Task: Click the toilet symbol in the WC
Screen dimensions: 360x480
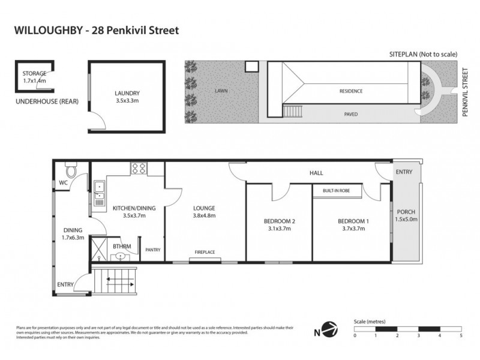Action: [71, 170]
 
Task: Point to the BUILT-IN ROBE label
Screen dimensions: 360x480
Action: [336, 190]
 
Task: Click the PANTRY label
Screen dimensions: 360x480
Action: [152, 250]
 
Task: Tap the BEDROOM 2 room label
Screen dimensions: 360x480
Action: [281, 221]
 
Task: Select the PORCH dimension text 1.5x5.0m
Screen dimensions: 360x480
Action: [406, 220]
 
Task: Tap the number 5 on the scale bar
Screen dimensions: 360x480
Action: [461, 335]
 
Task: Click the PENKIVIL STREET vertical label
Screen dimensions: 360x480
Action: [465, 92]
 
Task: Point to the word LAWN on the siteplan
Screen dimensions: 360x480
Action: [222, 91]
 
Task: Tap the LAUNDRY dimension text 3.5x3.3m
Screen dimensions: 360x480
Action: [127, 101]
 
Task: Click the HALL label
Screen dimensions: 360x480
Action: [316, 173]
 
